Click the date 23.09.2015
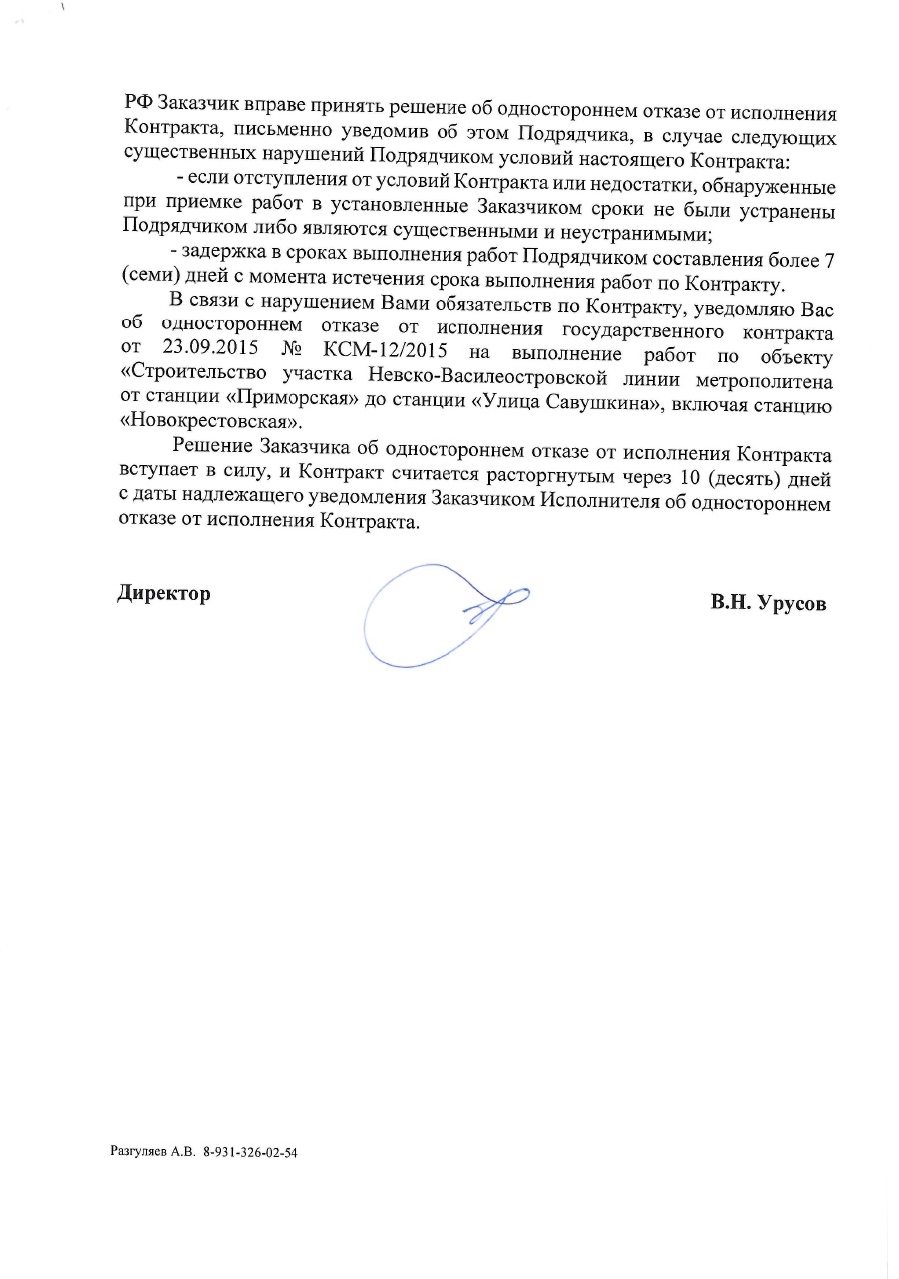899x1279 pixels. [x=206, y=353]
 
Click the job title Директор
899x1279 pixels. [x=164, y=593]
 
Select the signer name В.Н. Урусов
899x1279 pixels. [x=769, y=603]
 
